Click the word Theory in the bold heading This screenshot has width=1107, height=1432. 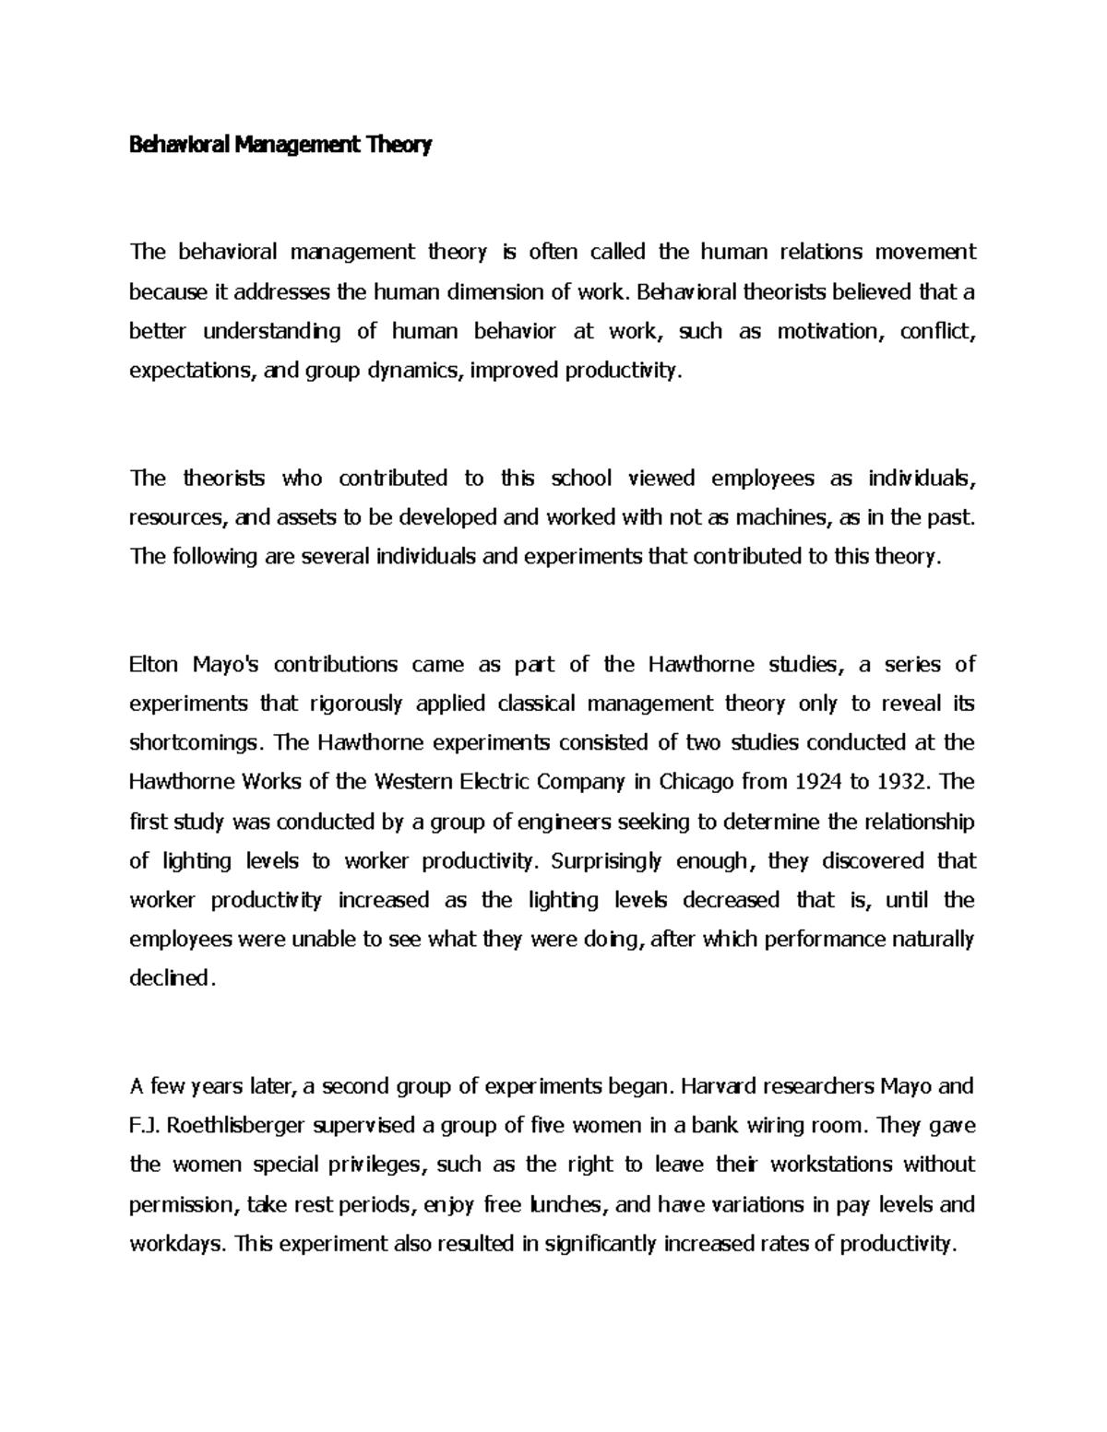pyautogui.click(x=399, y=145)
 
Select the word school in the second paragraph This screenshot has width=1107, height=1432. pyautogui.click(x=581, y=478)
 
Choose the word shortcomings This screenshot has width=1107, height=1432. pyautogui.click(x=196, y=743)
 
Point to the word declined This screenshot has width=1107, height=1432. pyautogui.click(x=172, y=978)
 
